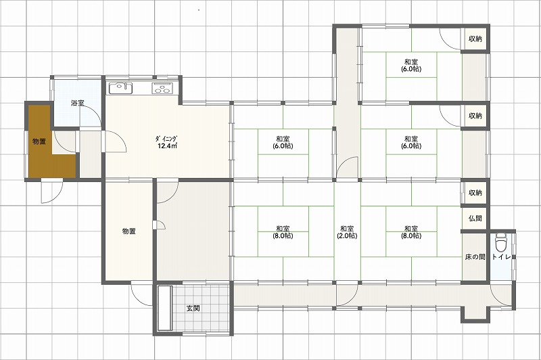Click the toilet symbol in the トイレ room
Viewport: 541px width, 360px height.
coord(500,243)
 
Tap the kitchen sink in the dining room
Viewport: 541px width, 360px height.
coord(121,88)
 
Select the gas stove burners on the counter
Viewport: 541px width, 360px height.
coord(162,89)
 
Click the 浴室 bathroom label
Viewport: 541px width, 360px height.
coord(77,103)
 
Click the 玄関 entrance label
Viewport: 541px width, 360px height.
coord(193,308)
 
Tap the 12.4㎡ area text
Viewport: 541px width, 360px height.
coord(167,145)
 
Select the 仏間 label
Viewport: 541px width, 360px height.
coord(475,218)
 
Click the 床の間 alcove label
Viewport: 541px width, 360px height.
coord(475,256)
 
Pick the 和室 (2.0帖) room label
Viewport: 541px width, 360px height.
coord(347,232)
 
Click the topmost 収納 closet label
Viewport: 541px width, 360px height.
coord(475,39)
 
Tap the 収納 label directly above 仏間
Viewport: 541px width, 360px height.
coord(475,193)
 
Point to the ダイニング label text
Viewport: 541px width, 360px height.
coord(166,139)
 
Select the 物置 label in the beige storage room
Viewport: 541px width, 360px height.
coord(128,231)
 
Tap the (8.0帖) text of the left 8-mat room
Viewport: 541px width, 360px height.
coord(283,236)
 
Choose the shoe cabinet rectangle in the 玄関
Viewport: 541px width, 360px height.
coord(164,308)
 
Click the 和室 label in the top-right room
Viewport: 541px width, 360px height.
coord(411,62)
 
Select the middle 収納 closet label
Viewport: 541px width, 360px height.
coord(475,116)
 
